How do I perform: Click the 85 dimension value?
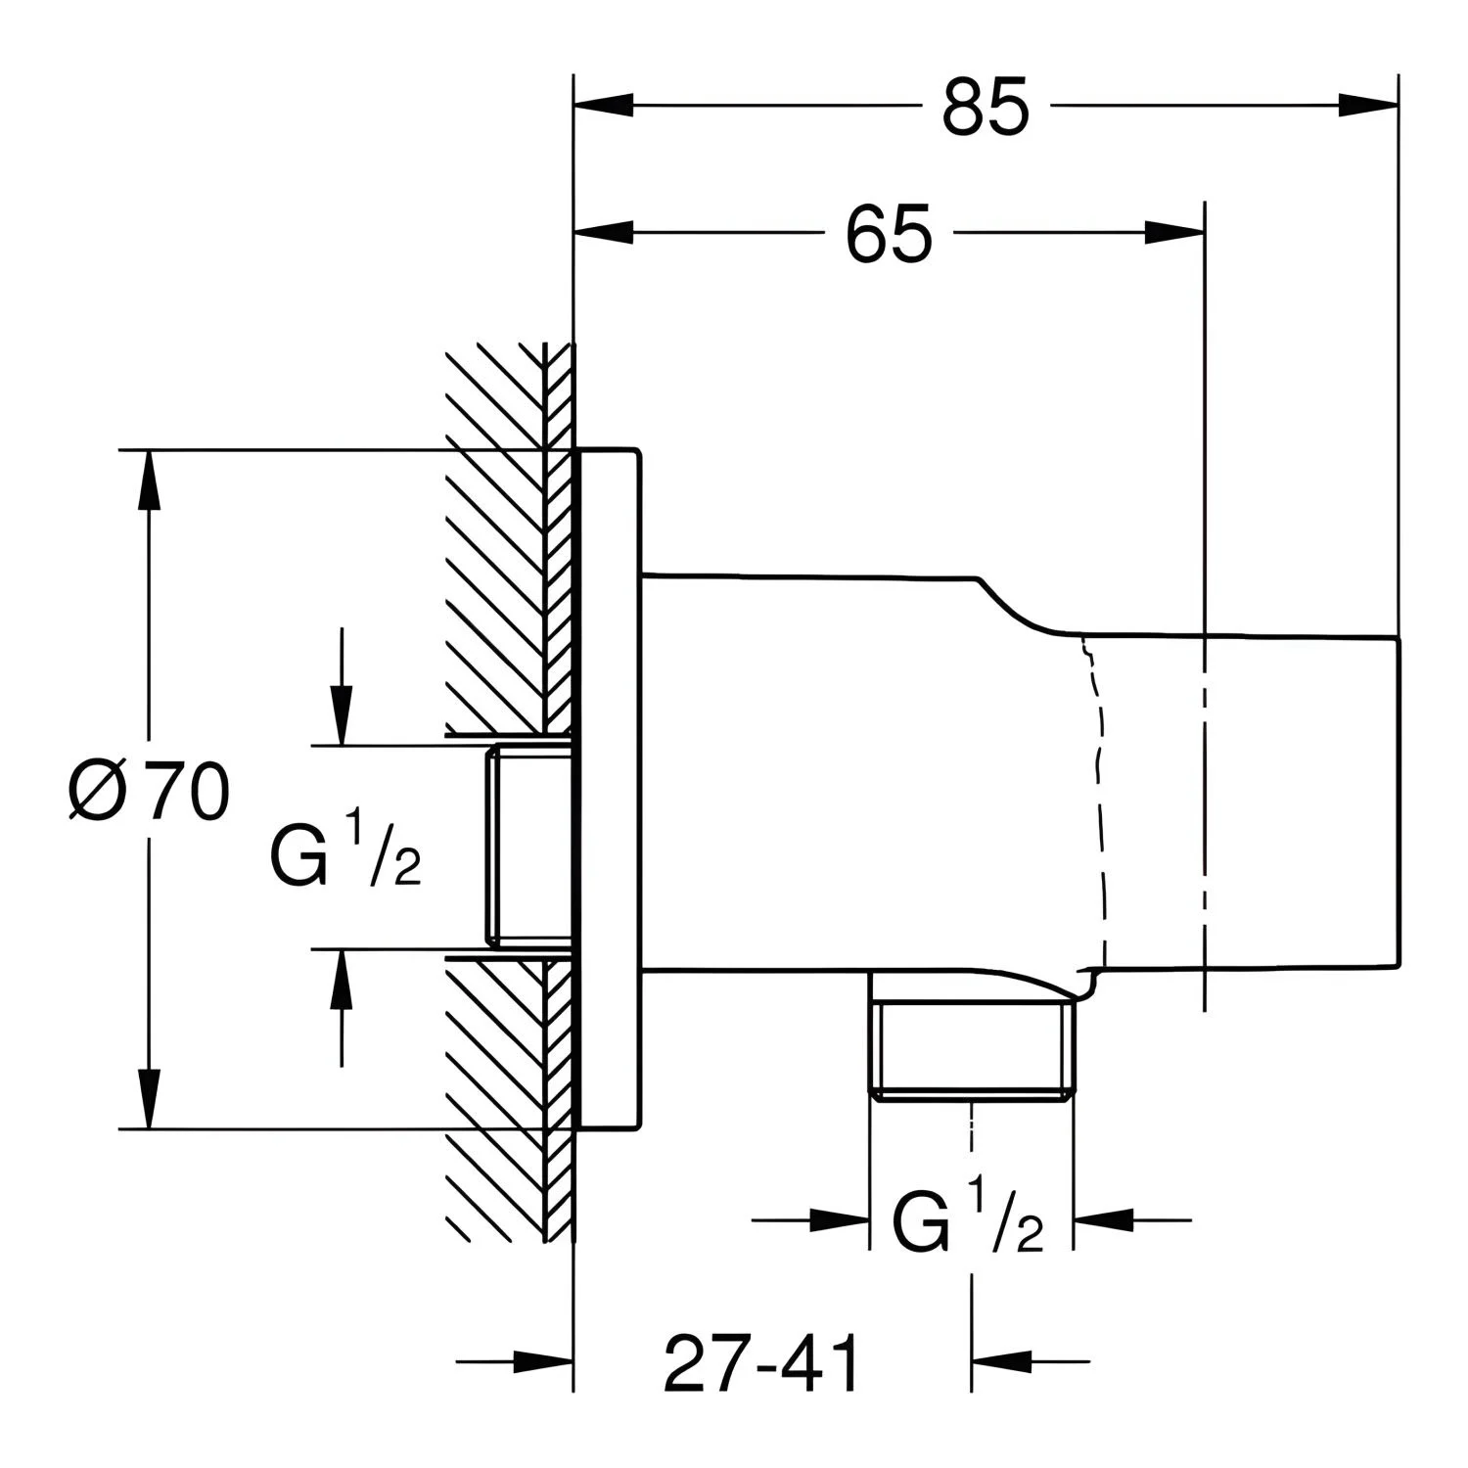click(986, 107)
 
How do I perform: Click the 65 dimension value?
click(889, 235)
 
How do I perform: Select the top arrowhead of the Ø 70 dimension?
click(148, 480)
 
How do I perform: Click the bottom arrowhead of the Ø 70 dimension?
click(148, 1099)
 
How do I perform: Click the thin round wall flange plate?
click(609, 790)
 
